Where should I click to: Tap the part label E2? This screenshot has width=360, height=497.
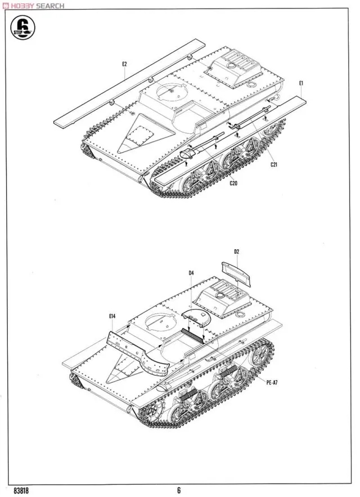124,64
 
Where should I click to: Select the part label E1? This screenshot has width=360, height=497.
302,83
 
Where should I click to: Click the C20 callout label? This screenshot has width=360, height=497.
233,183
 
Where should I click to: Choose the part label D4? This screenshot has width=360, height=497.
191,273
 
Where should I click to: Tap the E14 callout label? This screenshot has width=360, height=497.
112,317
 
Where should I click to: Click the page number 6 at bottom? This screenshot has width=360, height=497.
178,490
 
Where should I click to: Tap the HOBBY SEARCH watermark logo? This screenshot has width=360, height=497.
34,5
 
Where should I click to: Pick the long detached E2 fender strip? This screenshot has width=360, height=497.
129,84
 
